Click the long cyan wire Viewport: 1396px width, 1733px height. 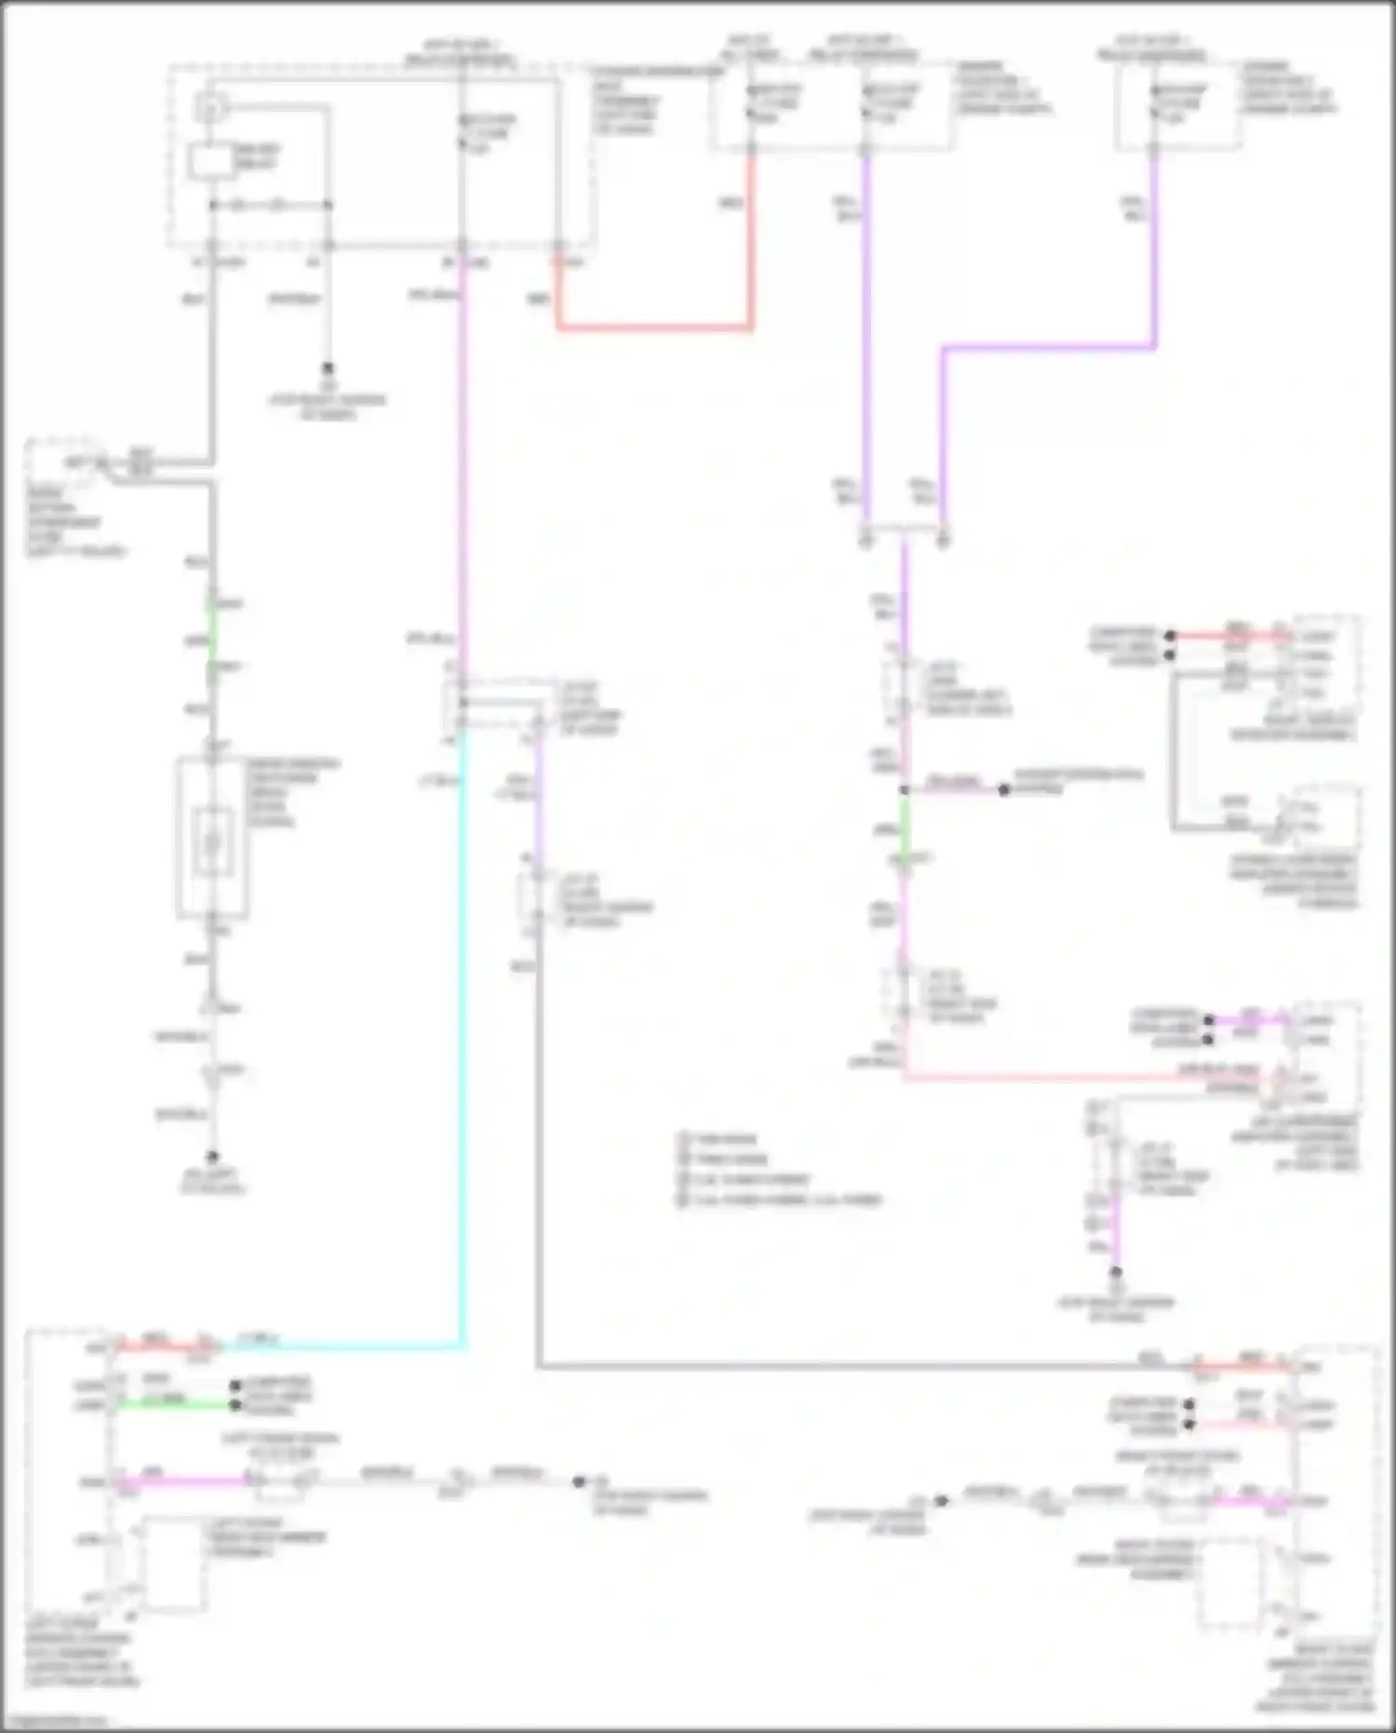pyautogui.click(x=462, y=1024)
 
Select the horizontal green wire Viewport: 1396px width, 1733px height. pyautogui.click(x=172, y=1403)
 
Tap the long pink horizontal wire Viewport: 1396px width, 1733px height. pyautogui.click(x=1070, y=1078)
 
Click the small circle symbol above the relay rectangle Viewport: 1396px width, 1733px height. pyautogui.click(x=210, y=109)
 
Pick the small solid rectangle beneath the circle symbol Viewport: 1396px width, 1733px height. pyautogui.click(x=210, y=161)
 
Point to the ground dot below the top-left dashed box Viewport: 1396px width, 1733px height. pyautogui.click(x=328, y=368)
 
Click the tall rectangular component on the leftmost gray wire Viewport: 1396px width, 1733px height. pyautogui.click(x=212, y=838)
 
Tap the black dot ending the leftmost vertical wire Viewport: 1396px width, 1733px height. pyautogui.click(x=212, y=1157)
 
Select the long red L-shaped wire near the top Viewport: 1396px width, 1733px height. pyautogui.click(x=651, y=327)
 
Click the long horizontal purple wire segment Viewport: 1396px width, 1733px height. pyautogui.click(x=1047, y=348)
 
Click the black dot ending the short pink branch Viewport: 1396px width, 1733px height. pyautogui.click(x=1003, y=790)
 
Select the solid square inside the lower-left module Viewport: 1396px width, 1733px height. pyautogui.click(x=172, y=1564)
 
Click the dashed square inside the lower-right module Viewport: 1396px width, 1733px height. pyautogui.click(x=1230, y=1583)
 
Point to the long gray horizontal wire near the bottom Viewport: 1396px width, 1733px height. pyautogui.click(x=838, y=1367)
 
